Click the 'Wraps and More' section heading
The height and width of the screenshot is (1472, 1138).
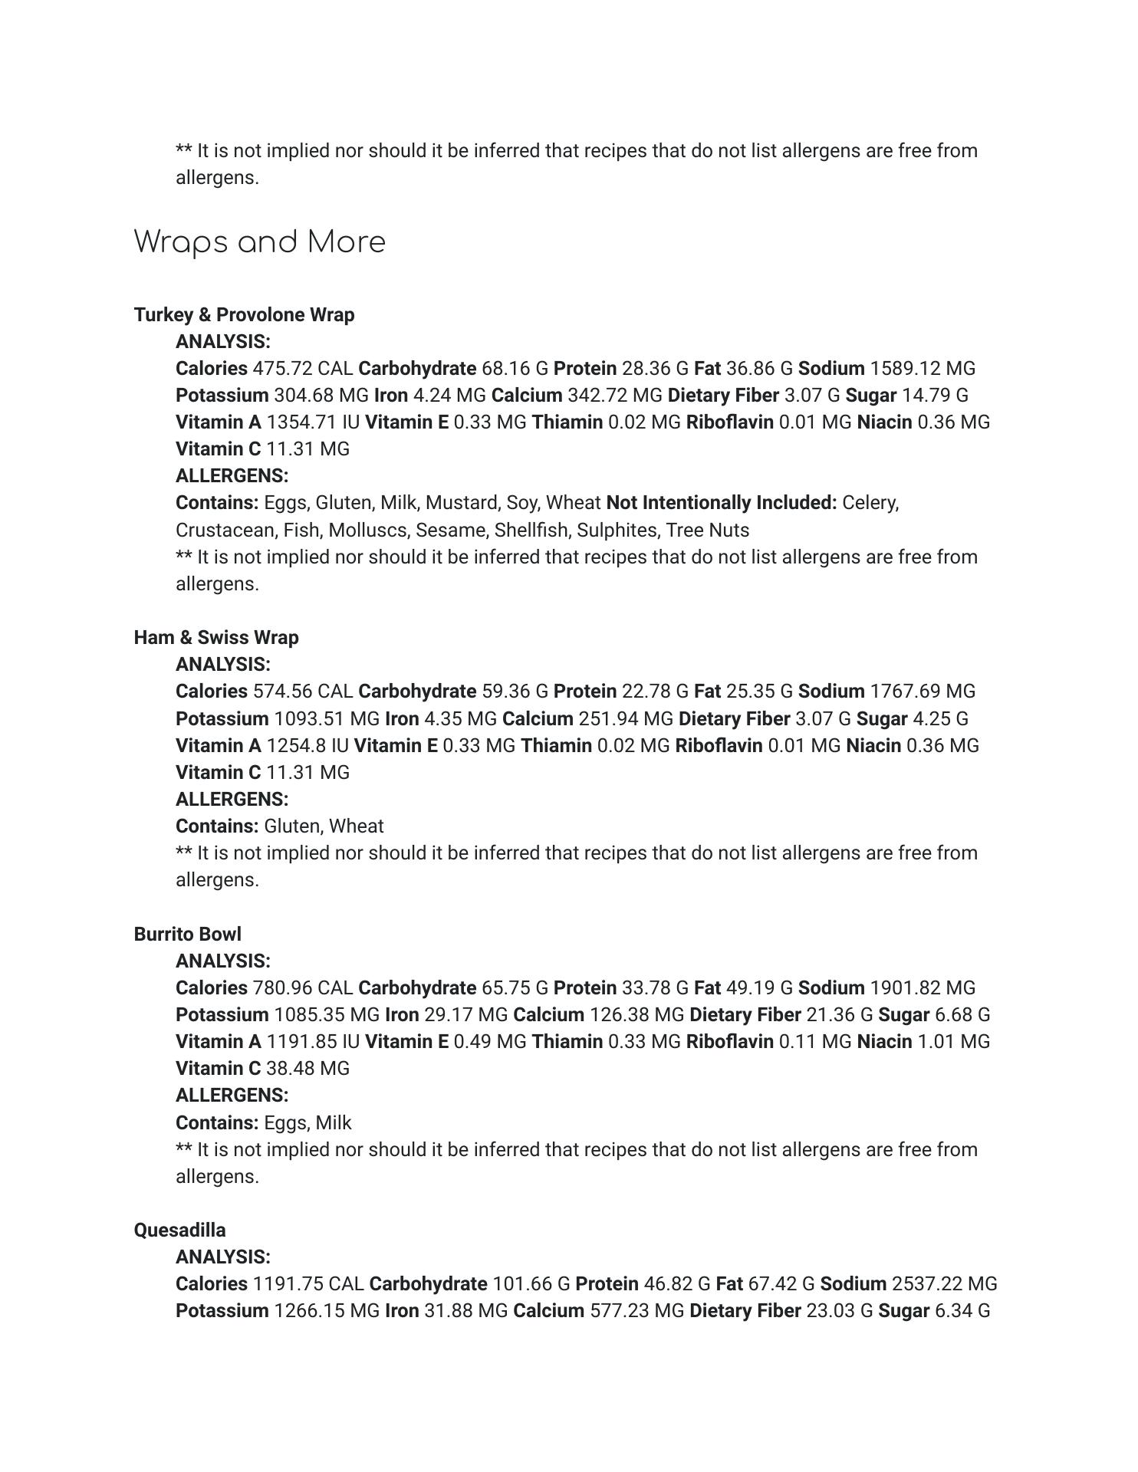(x=259, y=242)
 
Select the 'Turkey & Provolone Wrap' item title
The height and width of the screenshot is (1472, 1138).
(x=244, y=315)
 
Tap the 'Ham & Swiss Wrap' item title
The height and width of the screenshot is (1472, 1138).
(x=216, y=638)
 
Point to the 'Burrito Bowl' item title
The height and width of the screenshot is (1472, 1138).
(x=187, y=935)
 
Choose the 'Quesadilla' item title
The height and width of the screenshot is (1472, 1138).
(x=179, y=1230)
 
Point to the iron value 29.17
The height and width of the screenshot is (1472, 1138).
(x=449, y=1015)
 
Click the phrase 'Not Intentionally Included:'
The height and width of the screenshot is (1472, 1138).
(x=721, y=503)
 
